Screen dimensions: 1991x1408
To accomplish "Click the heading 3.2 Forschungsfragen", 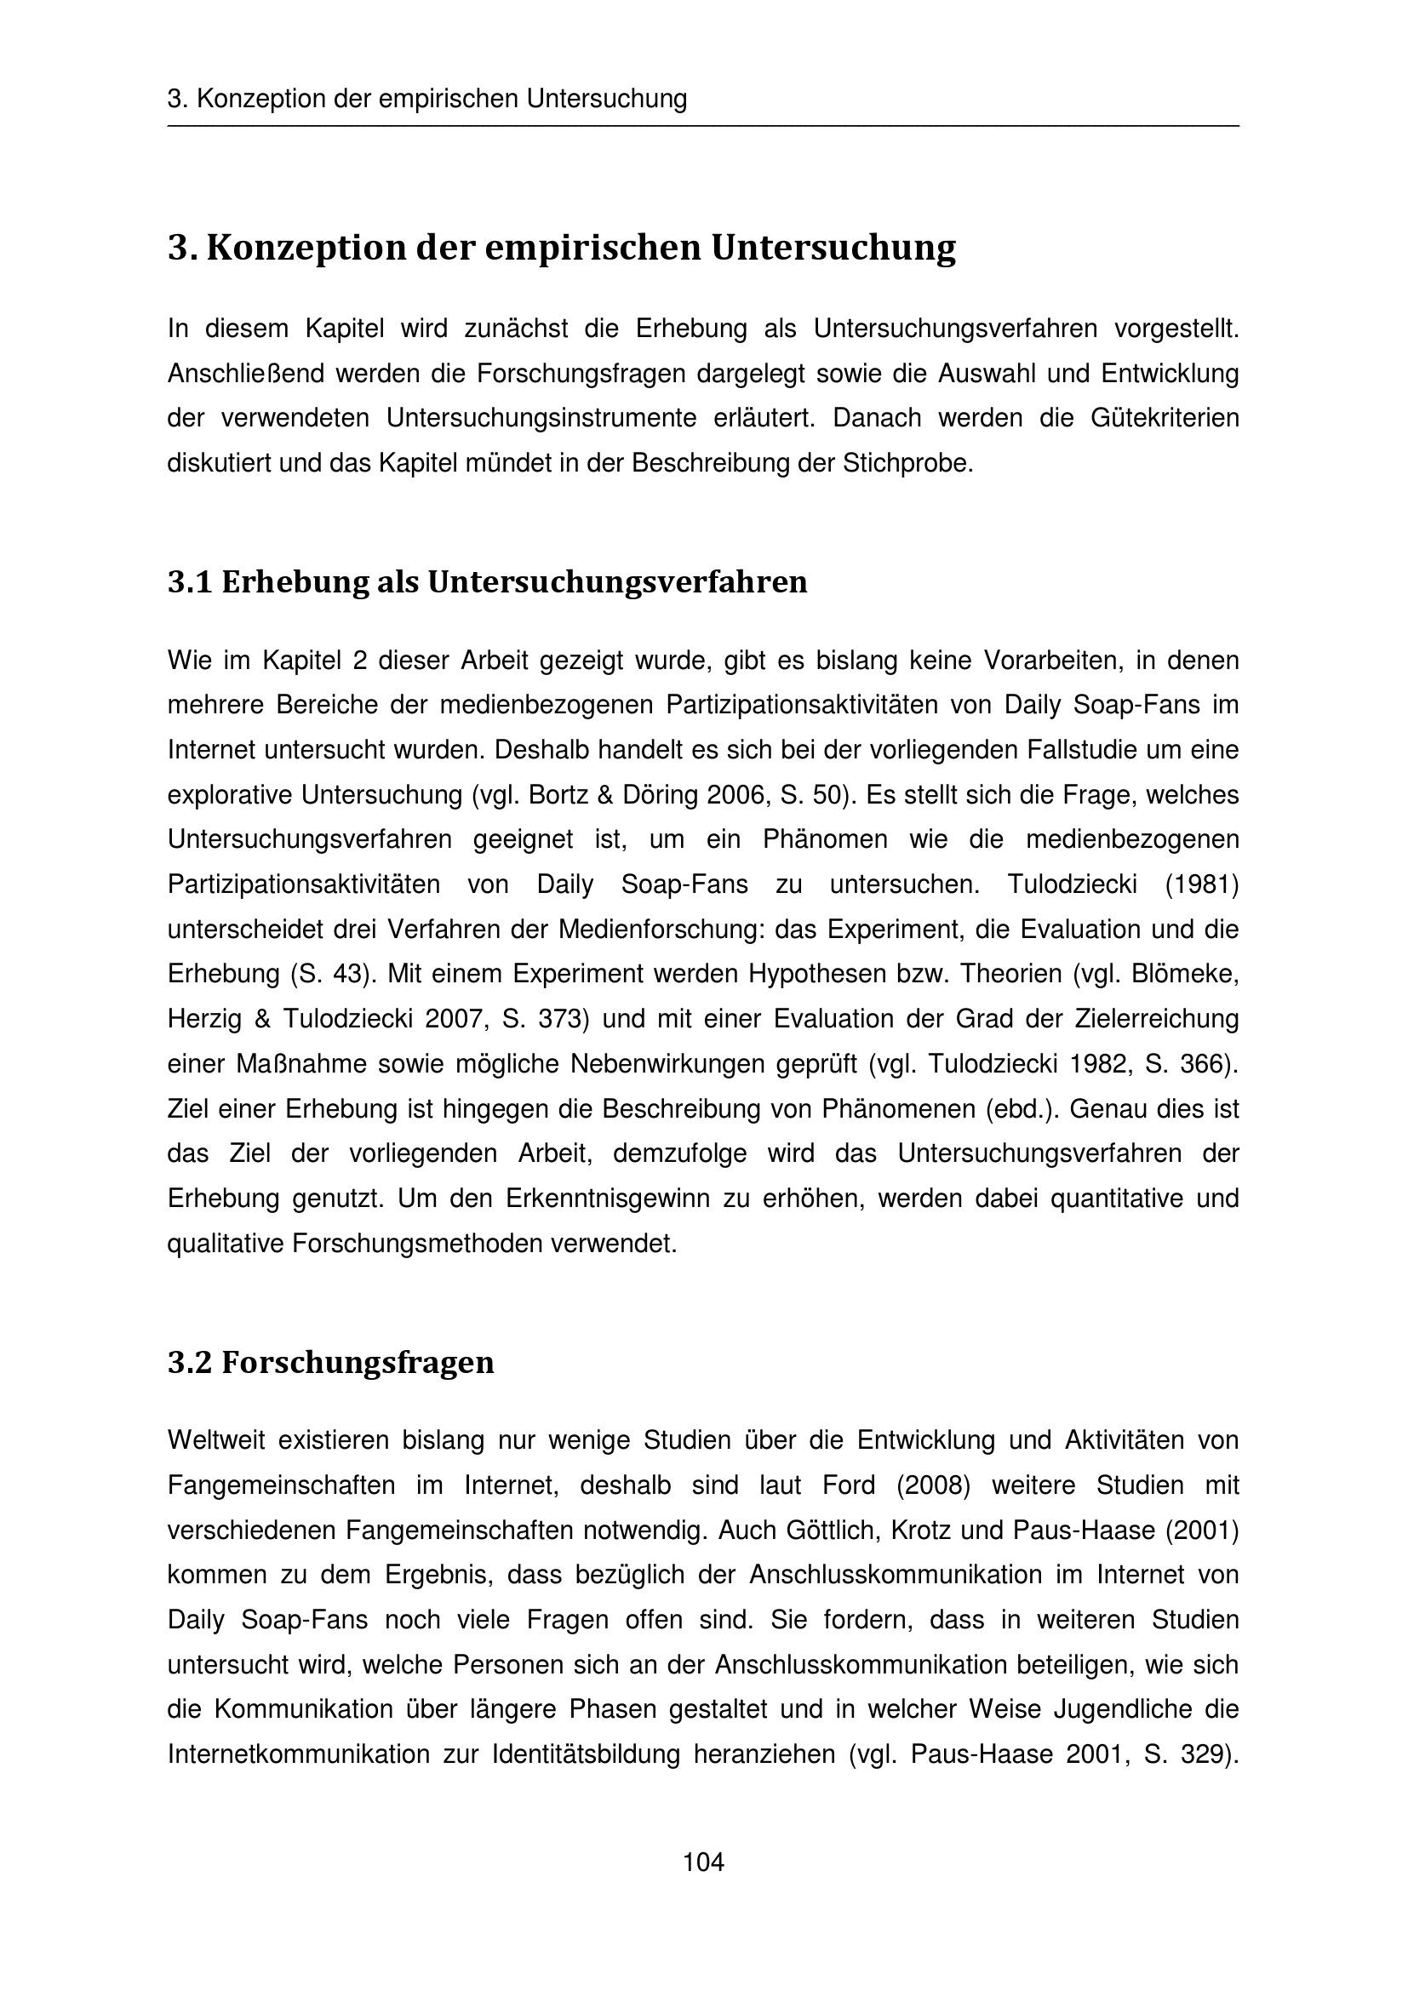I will tap(330, 1362).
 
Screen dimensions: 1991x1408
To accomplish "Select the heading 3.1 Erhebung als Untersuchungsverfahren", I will tap(486, 582).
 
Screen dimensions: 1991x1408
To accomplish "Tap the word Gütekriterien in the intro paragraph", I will tap(1165, 418).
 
